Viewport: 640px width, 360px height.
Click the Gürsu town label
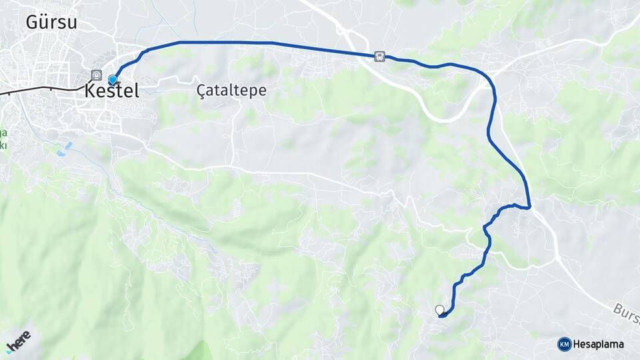(x=51, y=22)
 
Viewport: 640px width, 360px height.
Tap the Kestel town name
(x=112, y=91)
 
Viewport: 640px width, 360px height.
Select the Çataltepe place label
(x=231, y=91)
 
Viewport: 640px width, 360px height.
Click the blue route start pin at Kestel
(x=113, y=80)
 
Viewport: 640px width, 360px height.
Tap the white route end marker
(x=439, y=310)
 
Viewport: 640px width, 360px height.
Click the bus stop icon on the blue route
(x=379, y=57)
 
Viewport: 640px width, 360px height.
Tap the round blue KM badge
(x=564, y=344)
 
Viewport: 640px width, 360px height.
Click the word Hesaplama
(x=599, y=344)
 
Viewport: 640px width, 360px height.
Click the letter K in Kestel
(x=91, y=91)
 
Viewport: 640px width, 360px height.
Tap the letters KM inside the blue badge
(x=564, y=344)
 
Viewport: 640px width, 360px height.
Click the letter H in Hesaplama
(x=577, y=344)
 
